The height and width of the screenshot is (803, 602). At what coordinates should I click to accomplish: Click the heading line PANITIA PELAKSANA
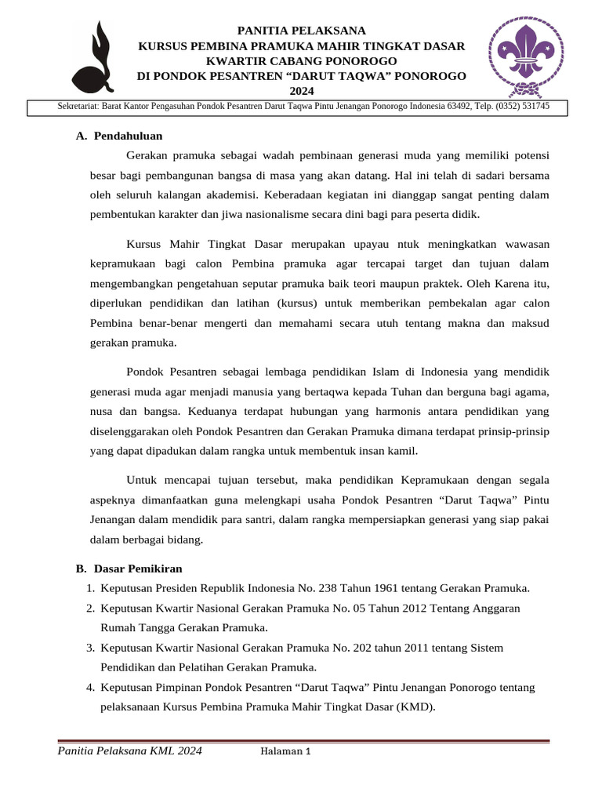tap(302, 31)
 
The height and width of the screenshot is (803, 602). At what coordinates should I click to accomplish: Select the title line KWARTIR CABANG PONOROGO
tap(302, 61)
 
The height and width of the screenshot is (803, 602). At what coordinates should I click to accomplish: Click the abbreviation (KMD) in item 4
tap(417, 707)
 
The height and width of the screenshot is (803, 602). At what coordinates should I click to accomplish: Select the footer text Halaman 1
tap(286, 752)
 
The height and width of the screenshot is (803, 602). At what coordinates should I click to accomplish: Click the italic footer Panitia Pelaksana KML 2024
tap(130, 751)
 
